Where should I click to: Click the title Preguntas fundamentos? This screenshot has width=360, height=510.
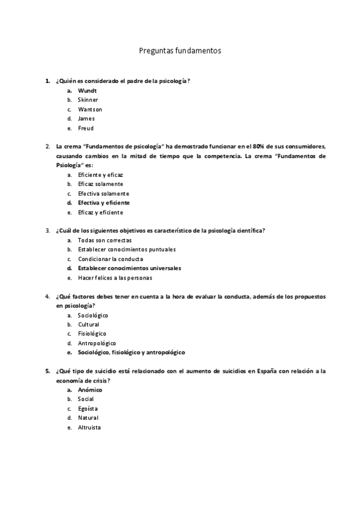[180, 51]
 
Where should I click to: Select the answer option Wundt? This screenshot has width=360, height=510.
[87, 90]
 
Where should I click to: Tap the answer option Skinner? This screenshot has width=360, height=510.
[88, 100]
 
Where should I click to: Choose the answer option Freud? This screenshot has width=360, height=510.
[85, 128]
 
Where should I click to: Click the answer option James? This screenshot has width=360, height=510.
[87, 118]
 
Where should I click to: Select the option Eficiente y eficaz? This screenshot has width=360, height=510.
[100, 174]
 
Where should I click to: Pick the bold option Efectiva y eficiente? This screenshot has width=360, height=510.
[103, 203]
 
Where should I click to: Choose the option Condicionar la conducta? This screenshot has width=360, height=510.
[110, 259]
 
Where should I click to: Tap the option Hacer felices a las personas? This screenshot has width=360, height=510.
[115, 278]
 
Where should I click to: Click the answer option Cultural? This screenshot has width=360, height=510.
[88, 325]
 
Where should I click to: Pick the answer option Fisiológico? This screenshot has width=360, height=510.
[92, 334]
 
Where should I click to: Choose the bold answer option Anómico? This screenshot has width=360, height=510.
[90, 390]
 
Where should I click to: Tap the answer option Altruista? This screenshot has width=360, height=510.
[89, 428]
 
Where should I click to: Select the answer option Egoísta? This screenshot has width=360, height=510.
[88, 408]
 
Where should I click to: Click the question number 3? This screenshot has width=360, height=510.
[47, 230]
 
